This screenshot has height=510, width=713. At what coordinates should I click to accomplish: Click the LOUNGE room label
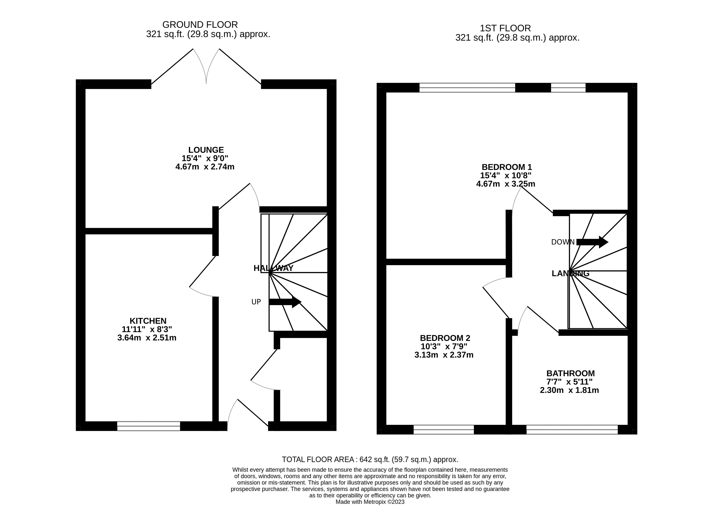(206, 150)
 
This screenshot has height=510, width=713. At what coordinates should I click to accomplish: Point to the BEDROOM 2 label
(445, 338)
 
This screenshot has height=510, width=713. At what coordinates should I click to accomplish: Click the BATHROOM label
(570, 373)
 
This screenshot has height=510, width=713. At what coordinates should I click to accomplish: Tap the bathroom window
(572, 430)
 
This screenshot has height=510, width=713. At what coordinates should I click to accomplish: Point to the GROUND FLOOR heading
(200, 24)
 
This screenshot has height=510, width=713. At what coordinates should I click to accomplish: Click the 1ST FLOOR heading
(505, 28)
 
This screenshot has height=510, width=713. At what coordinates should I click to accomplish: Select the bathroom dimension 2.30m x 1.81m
(569, 390)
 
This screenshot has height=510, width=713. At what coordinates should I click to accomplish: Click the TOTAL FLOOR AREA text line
(370, 459)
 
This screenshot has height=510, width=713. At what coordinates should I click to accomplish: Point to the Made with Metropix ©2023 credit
(370, 502)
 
